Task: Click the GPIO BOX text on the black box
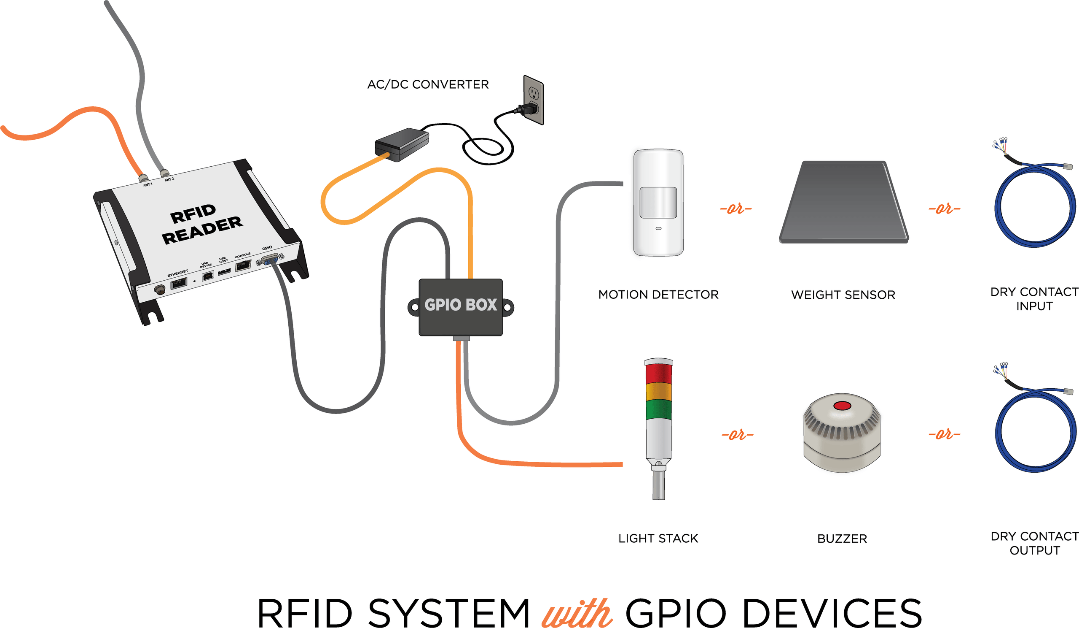[x=460, y=305]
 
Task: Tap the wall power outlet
[x=534, y=100]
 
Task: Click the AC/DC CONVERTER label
[x=428, y=84]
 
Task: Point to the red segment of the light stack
[x=658, y=374]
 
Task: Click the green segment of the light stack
[x=658, y=409]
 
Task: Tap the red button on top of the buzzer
[x=842, y=406]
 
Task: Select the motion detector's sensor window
[x=658, y=202]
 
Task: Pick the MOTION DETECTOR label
[x=658, y=295]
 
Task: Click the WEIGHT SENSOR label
[x=843, y=295]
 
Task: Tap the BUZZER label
[x=842, y=539]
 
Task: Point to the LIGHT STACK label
[x=658, y=539]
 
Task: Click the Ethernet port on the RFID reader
[x=179, y=283]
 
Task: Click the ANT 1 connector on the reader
[x=143, y=177]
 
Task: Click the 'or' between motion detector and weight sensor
[x=735, y=209]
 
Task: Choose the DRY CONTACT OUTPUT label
[x=1034, y=543]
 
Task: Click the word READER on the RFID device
[x=202, y=230]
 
